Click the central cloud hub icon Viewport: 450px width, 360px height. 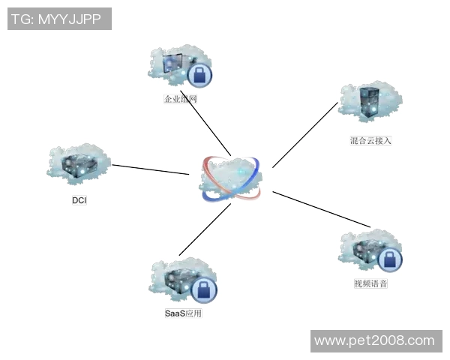pyautogui.click(x=232, y=178)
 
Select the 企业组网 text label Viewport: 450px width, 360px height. pyautogui.click(x=180, y=98)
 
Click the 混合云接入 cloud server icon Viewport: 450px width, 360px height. pyautogui.click(x=370, y=101)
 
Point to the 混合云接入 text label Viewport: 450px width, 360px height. pyautogui.click(x=370, y=140)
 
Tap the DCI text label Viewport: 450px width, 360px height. pyautogui.click(x=79, y=200)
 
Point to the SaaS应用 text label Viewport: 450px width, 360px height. pyautogui.click(x=183, y=313)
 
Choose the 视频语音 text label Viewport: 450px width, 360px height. pyautogui.click(x=370, y=284)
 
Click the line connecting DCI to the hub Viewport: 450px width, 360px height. pyautogui.click(x=150, y=169)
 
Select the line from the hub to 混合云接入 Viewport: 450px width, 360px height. pyautogui.click(x=304, y=135)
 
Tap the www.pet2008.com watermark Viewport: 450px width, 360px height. pyautogui.click(x=374, y=341)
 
